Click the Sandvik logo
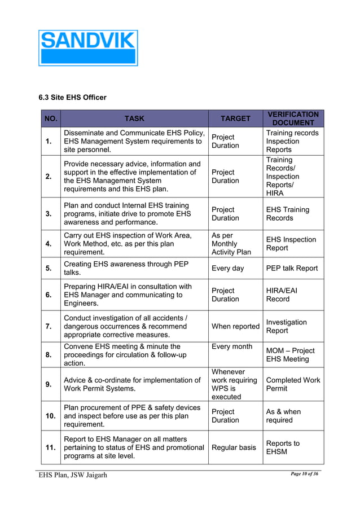88,48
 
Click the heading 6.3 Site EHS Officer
72,98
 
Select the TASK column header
134,119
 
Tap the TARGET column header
235,119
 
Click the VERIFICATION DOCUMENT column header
293,119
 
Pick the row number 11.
51,447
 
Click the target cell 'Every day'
227,269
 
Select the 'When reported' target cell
235,326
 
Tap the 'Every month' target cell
232,346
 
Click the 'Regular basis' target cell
234,447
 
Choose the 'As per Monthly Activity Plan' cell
231,244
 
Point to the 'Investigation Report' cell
287,326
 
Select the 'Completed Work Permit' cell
293,384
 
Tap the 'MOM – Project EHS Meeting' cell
290,355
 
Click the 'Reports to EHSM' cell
283,447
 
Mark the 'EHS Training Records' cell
287,214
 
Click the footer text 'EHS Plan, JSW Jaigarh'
73,475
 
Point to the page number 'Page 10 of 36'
304,473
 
